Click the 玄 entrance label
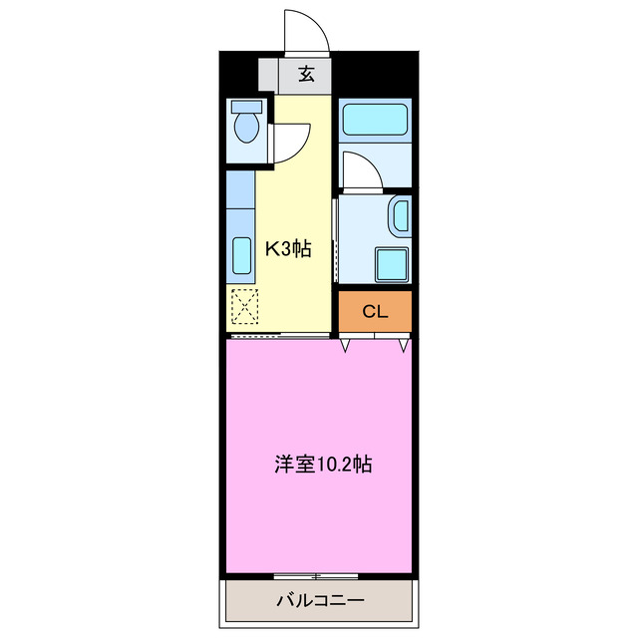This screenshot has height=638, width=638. pyautogui.click(x=306, y=74)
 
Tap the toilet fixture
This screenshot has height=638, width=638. pyautogui.click(x=245, y=129)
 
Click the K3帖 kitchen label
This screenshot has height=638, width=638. pyautogui.click(x=287, y=249)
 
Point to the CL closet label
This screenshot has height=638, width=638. pyautogui.click(x=374, y=312)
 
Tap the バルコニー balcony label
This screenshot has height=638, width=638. pyautogui.click(x=319, y=601)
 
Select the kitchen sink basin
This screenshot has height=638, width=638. pyautogui.click(x=241, y=256)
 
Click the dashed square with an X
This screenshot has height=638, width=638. pyautogui.click(x=244, y=306)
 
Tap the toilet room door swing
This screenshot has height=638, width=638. pyautogui.click(x=290, y=142)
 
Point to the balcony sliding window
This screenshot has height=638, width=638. pyautogui.click(x=315, y=577)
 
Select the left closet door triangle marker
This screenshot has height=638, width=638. pyautogui.click(x=346, y=345)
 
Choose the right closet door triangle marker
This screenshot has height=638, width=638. pyautogui.click(x=404, y=345)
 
